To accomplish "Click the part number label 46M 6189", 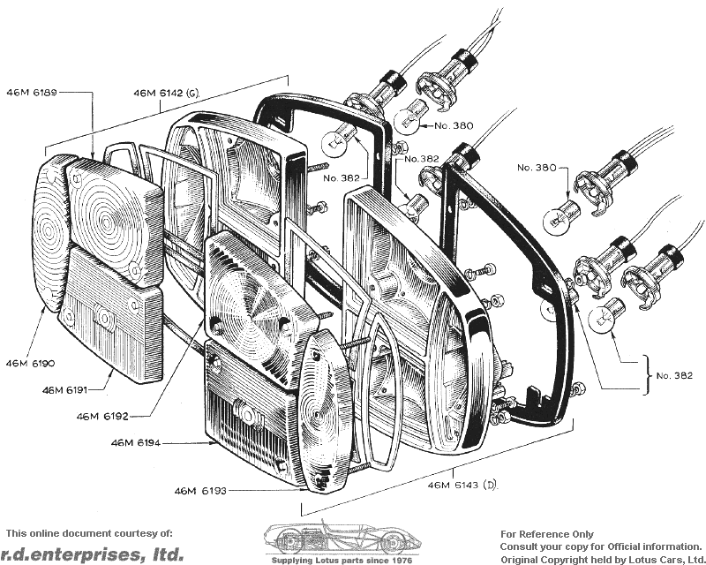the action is click(32, 93).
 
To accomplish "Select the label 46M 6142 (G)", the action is click(166, 94).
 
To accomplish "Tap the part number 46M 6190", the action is click(30, 364).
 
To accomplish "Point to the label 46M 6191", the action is click(64, 389).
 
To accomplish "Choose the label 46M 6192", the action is click(102, 417).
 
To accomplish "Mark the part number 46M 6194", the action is click(136, 443).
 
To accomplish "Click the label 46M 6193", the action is click(200, 490).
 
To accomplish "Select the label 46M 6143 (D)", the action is click(462, 486).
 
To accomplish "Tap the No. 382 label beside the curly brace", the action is click(674, 375).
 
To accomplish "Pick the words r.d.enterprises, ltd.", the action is click(92, 554).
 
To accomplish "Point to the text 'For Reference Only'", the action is click(547, 534).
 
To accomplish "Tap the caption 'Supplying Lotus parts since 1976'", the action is click(342, 561).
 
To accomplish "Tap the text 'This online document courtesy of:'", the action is click(89, 533).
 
